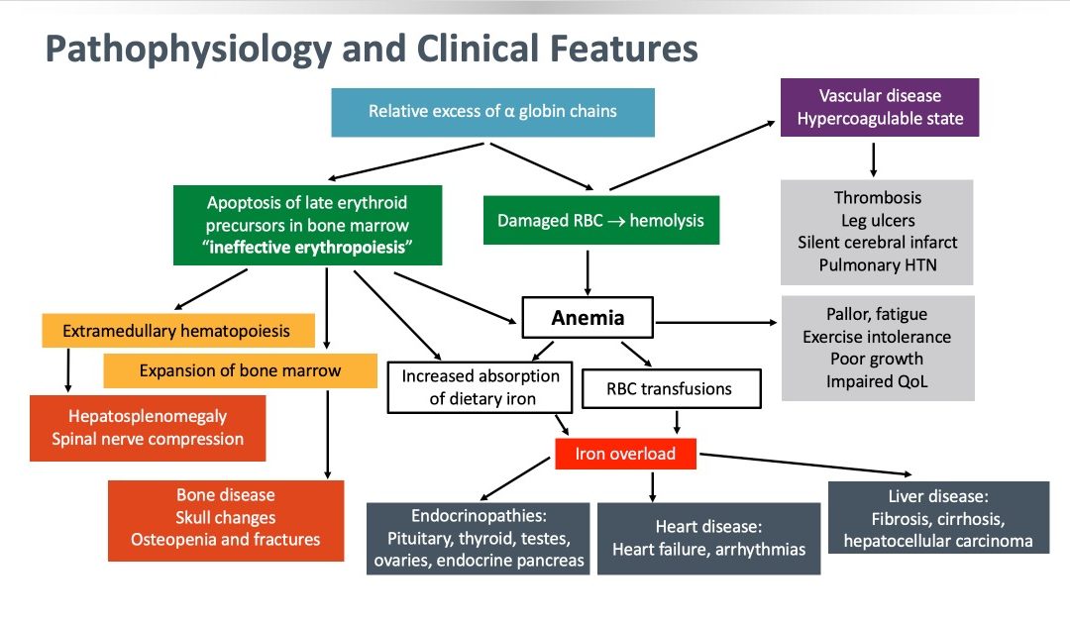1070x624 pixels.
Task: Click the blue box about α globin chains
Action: tap(492, 112)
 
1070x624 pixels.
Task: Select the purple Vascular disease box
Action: tap(880, 107)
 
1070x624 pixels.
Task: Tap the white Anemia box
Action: tap(588, 317)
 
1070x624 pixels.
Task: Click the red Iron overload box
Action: tap(625, 454)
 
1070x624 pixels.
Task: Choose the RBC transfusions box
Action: tap(671, 388)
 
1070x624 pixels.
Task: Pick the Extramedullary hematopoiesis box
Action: tap(178, 331)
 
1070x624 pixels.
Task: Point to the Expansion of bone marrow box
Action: tap(240, 370)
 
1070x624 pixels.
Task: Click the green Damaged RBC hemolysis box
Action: tap(601, 220)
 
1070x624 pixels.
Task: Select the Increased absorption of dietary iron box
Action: tap(480, 387)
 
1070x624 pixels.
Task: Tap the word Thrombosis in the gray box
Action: tap(878, 198)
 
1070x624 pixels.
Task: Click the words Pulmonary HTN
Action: tap(878, 264)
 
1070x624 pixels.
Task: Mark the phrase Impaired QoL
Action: tap(877, 381)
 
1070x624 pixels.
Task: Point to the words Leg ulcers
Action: tap(878, 220)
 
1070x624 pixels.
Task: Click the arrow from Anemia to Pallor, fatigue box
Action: tap(716, 322)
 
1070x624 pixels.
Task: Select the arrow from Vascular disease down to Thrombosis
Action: tap(873, 159)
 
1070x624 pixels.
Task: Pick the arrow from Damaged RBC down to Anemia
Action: tap(588, 272)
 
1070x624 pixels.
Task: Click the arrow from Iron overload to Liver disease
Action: tap(805, 464)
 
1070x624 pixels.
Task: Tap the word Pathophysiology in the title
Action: tap(188, 50)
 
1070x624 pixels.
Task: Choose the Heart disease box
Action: tap(709, 539)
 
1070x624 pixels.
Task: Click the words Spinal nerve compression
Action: tap(148, 439)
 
